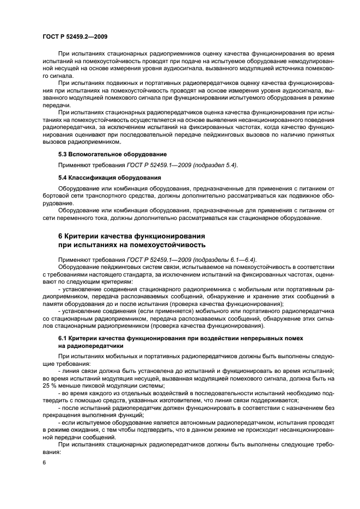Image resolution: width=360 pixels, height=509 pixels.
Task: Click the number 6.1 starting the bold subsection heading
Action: coord(63,338)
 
